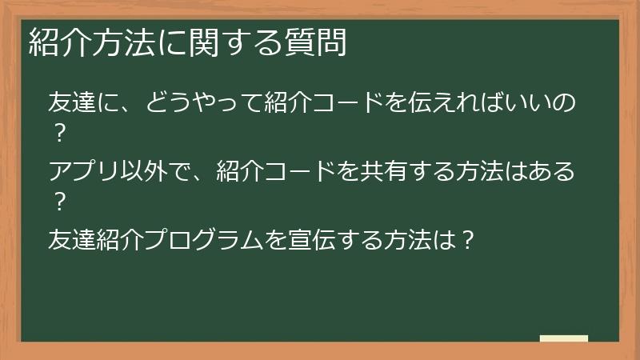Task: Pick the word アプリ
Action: [84, 171]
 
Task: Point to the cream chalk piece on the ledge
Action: [563, 338]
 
